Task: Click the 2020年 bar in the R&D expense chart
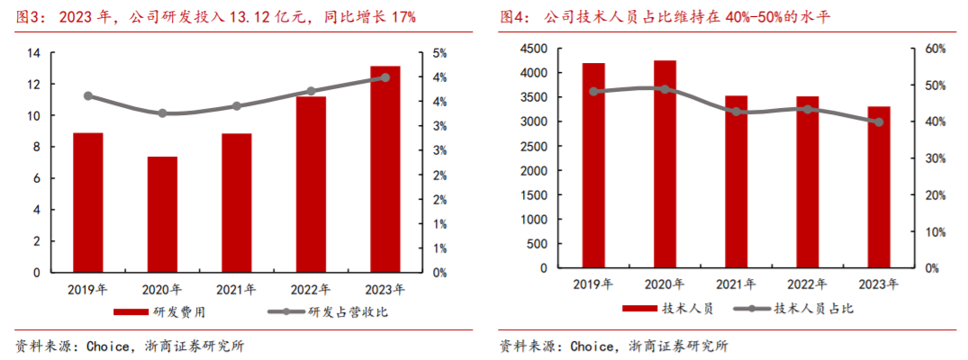coord(162,214)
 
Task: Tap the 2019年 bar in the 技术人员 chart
coord(593,166)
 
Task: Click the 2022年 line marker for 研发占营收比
coord(311,91)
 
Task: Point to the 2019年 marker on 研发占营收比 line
coord(88,95)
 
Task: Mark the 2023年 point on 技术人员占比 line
coord(879,121)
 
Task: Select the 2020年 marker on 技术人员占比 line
coord(665,89)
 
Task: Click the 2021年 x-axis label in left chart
coord(236,289)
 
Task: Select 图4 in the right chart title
coord(515,17)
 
